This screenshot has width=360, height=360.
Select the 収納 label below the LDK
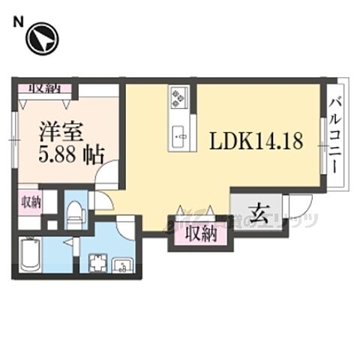(200, 234)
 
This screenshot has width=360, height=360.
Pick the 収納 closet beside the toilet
(31, 202)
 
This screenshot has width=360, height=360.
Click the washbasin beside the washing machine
(123, 264)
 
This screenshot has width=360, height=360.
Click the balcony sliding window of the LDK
(322, 139)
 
